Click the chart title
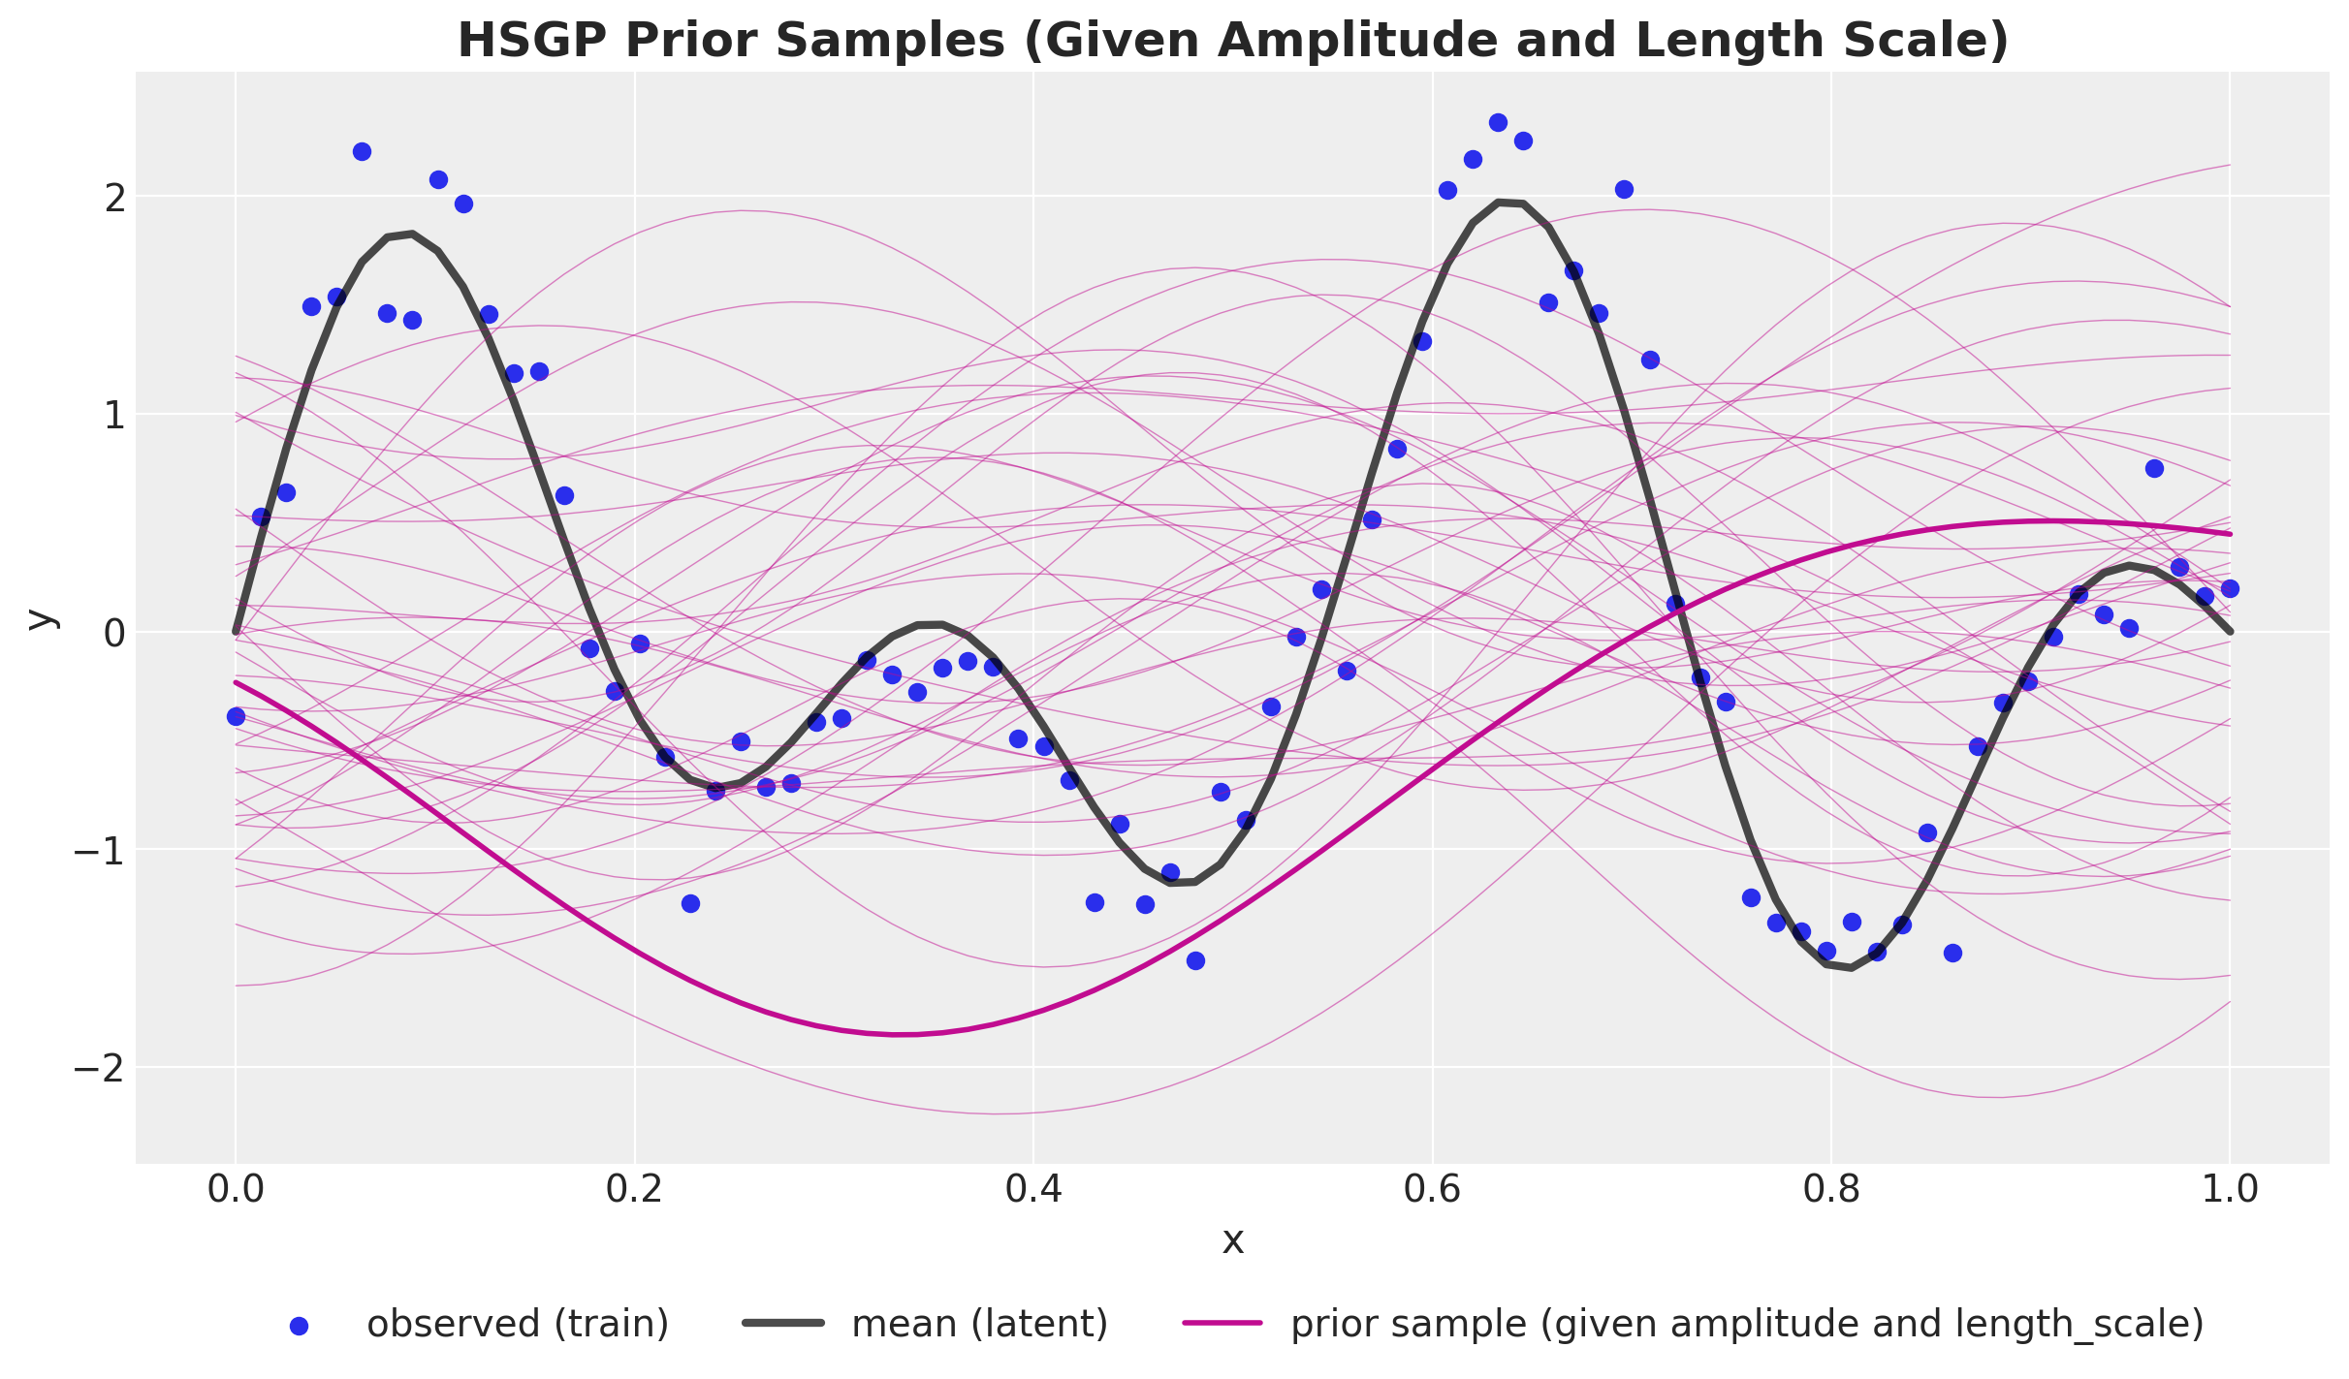tap(1232, 41)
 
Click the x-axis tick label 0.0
tap(235, 1189)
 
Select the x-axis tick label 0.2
tap(634, 1189)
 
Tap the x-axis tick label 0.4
tap(1033, 1189)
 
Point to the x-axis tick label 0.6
tap(1432, 1189)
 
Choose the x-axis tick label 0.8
tap(1831, 1189)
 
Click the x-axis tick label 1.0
tap(2230, 1189)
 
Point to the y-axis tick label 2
tap(114, 198)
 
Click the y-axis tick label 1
tap(114, 416)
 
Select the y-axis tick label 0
tap(114, 633)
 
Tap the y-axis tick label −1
tap(100, 851)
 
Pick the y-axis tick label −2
tap(100, 1068)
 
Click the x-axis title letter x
tap(1232, 1241)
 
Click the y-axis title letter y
tap(41, 618)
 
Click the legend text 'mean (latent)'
tap(979, 1324)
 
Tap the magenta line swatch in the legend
tap(1222, 1324)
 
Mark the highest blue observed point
tap(1498, 123)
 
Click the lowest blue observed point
tap(1195, 960)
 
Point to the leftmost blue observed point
tap(236, 716)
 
